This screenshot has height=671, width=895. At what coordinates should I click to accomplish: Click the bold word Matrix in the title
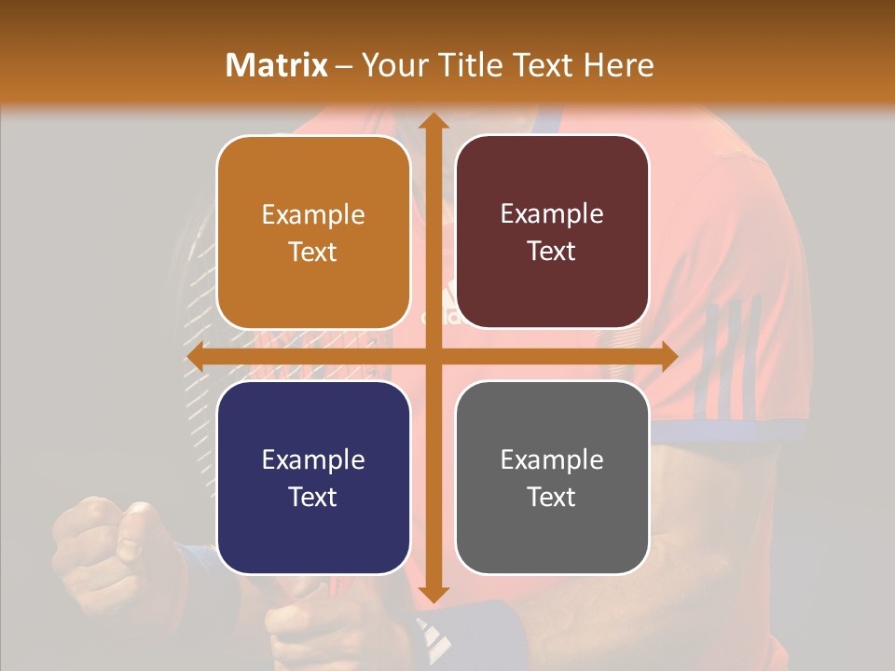(277, 65)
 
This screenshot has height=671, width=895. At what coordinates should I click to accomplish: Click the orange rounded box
(313, 233)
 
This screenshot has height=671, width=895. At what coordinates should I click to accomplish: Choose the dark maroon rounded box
(552, 233)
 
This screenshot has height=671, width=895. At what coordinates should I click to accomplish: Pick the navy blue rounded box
(313, 478)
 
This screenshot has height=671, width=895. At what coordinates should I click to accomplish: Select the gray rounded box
(552, 478)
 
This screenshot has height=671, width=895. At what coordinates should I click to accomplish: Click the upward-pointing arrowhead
(433, 121)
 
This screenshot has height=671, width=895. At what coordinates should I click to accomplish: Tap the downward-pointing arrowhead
(433, 594)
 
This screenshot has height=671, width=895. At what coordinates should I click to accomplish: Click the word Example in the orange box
(313, 215)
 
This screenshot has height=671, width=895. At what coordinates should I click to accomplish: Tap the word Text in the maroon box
(552, 252)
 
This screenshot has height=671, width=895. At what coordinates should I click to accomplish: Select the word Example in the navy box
(313, 460)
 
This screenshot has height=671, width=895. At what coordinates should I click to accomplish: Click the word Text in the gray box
(552, 497)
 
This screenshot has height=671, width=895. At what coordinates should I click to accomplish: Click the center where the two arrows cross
(433, 357)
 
